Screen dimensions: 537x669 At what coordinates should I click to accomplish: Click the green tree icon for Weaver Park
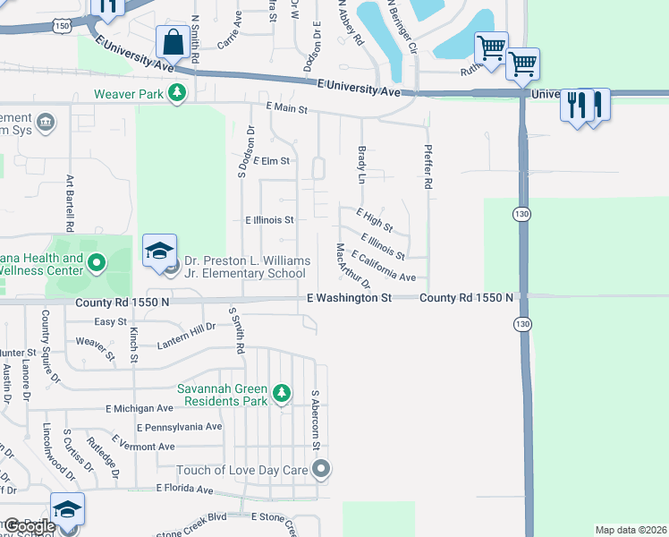[x=177, y=93]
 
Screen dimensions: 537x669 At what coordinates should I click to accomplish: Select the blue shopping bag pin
[x=171, y=41]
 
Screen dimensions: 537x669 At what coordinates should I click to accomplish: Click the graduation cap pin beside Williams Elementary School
[x=159, y=250]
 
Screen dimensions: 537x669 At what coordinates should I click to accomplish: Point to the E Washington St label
[x=350, y=297]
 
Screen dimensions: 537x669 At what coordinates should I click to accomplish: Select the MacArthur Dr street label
[x=353, y=266]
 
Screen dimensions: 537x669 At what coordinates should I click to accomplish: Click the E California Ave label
[x=385, y=268]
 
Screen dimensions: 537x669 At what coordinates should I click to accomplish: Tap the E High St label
[x=374, y=221]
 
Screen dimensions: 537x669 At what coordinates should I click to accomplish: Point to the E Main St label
[x=286, y=108]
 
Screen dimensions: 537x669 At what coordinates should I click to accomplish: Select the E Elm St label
[x=271, y=161]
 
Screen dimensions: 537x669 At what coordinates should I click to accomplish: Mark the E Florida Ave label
[x=185, y=489]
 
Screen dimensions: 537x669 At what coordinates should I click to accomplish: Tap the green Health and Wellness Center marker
[x=97, y=263]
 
